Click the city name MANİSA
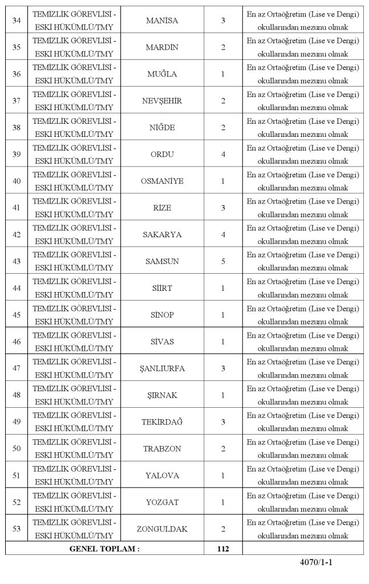(x=162, y=21)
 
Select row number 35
(x=17, y=47)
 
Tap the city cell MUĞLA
(x=162, y=74)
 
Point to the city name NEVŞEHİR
(x=162, y=101)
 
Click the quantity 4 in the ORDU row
(x=223, y=155)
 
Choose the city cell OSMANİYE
(x=162, y=181)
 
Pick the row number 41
(x=17, y=208)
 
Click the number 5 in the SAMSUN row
(x=223, y=262)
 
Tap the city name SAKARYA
(x=162, y=235)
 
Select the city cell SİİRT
(x=162, y=289)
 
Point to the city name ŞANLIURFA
(x=162, y=368)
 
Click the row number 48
(x=17, y=395)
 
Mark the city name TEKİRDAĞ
(x=162, y=422)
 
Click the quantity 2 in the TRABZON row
(x=223, y=449)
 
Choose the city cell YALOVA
(x=162, y=476)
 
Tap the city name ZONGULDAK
(x=162, y=529)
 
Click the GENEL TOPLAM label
(x=104, y=549)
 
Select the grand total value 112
(x=223, y=549)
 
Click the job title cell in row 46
(x=74, y=342)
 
